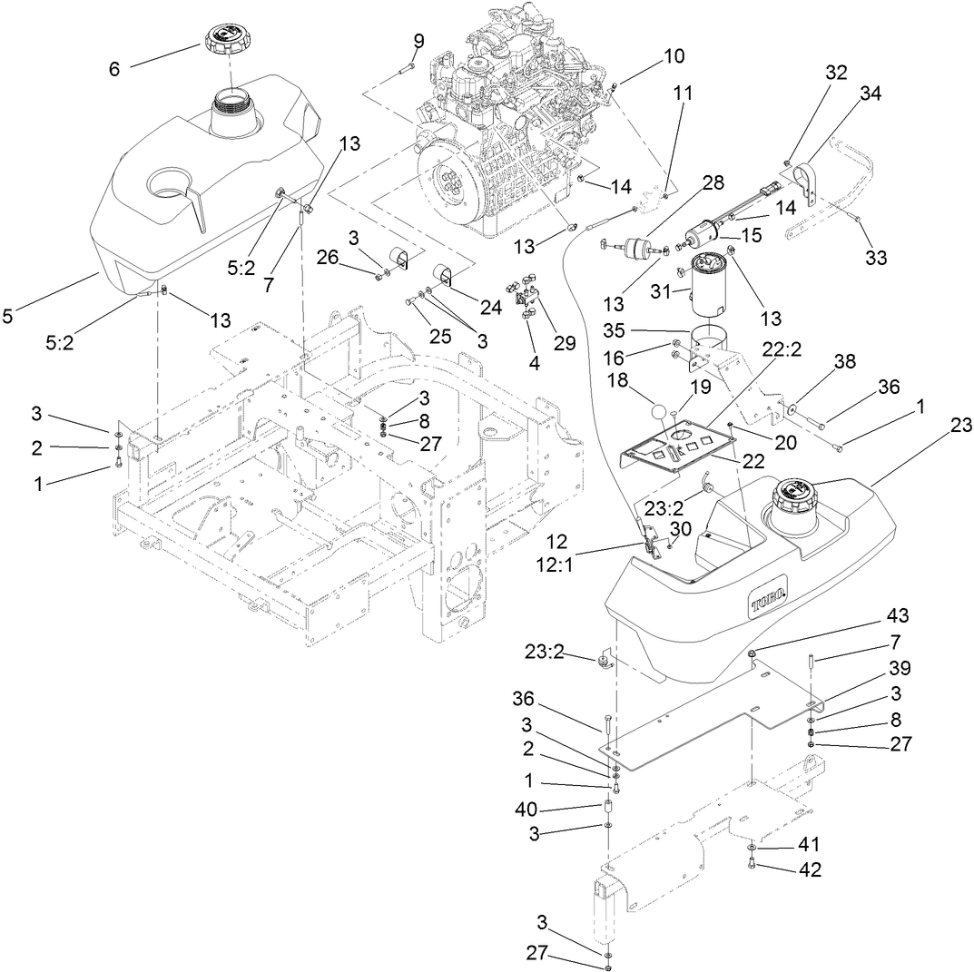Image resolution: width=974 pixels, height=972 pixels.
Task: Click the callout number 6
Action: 114,68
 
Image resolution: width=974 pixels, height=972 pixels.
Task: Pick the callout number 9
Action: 418,41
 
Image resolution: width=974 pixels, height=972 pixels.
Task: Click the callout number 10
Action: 674,56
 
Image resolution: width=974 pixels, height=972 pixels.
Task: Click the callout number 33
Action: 875,258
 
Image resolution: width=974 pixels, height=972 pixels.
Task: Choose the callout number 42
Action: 810,870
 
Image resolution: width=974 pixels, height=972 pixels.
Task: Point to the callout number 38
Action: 844,360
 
